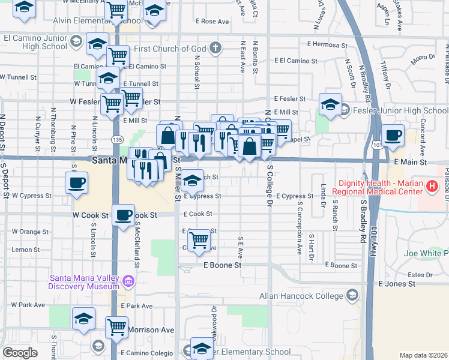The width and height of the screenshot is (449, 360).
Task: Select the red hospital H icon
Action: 431,187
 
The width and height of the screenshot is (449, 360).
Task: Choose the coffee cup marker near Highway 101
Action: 393,136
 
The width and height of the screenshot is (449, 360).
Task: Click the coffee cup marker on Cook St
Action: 124,214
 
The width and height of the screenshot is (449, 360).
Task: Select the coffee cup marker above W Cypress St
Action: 76,182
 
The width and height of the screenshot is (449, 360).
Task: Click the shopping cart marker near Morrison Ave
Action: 116,327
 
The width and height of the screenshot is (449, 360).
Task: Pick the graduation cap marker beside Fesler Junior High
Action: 330,104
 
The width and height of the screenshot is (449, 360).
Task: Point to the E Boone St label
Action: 222,265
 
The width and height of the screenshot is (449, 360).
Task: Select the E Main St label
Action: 411,162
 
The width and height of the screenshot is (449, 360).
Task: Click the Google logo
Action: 20,353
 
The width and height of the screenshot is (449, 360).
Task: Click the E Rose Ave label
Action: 212,22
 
